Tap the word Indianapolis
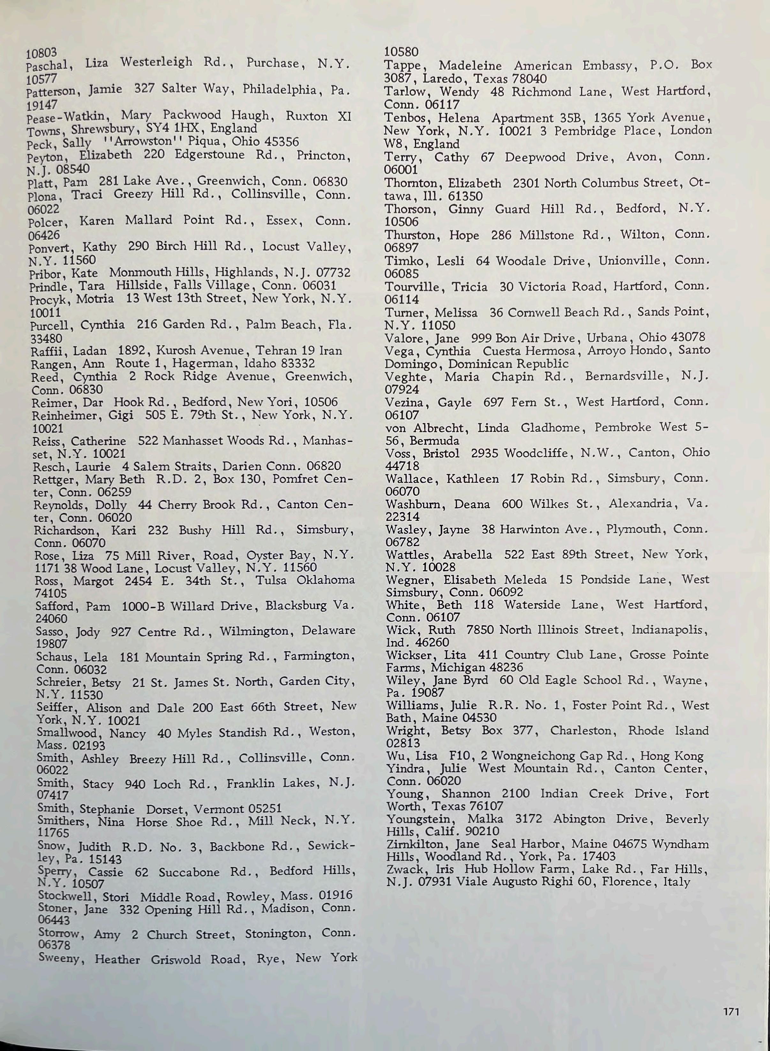coord(670,630)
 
